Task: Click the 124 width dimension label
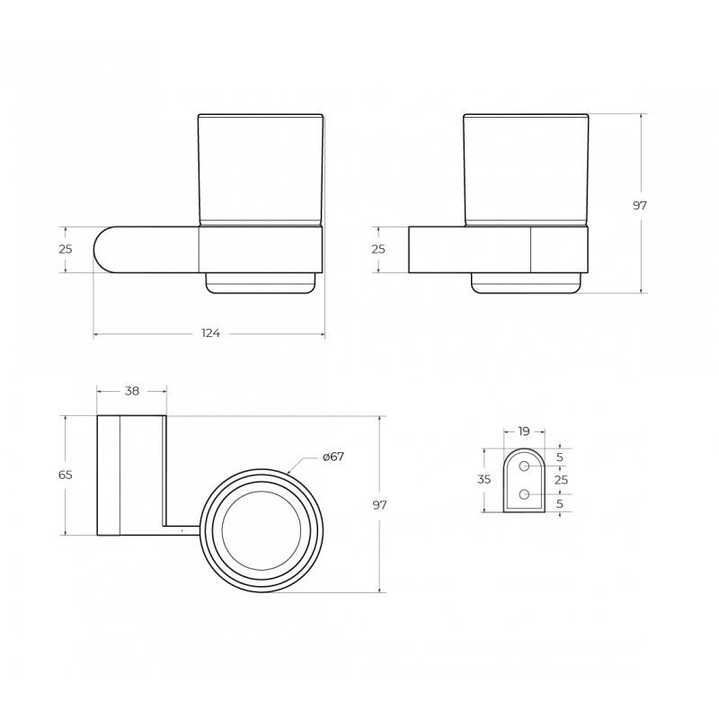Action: pos(211,333)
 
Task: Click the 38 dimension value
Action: pos(132,391)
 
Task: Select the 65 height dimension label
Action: pos(66,475)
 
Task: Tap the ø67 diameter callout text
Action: pos(333,457)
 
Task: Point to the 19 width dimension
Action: pos(524,431)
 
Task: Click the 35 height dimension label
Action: pos(484,480)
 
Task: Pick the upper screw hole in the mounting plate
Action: pos(524,466)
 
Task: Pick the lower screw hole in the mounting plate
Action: pos(524,494)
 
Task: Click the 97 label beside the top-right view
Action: pos(640,206)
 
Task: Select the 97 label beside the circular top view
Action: pos(379,505)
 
